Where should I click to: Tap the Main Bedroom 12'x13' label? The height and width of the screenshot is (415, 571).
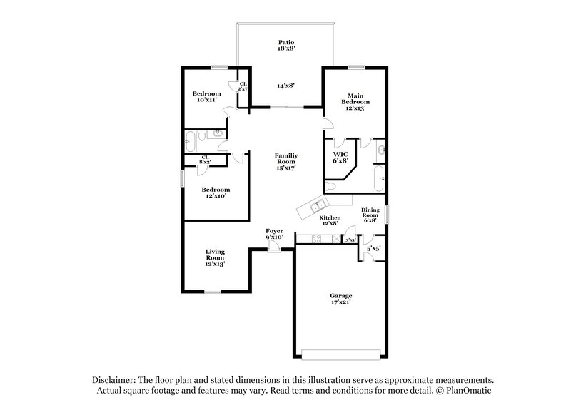(356, 101)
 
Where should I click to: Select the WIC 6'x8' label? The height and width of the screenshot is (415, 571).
(340, 158)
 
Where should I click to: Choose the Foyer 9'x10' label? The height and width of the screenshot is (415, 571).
(275, 234)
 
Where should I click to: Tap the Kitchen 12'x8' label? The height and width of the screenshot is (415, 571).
(330, 221)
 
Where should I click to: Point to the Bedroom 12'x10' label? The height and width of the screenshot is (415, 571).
(216, 193)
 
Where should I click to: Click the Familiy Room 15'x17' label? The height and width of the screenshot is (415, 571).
(285, 160)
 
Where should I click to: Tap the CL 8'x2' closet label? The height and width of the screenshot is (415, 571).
(205, 160)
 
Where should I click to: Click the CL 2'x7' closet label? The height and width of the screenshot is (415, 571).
(243, 87)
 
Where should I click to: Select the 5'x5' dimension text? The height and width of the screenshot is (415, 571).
(373, 248)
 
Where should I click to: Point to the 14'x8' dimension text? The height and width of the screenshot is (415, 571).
(286, 86)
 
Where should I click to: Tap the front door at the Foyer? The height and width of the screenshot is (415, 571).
(273, 246)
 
